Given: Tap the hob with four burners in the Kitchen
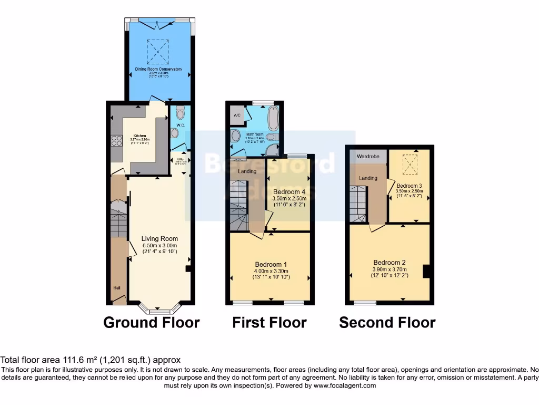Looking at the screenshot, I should tap(116, 141).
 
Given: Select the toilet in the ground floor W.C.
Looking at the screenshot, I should tap(180, 113).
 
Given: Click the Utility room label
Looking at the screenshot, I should tap(179, 159).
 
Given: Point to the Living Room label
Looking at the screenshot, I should tap(159, 238).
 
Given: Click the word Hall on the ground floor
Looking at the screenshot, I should tap(117, 288).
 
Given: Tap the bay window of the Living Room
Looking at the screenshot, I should tap(159, 305).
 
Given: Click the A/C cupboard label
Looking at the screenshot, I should tap(235, 115).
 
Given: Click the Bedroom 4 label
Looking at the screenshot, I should tap(289, 191).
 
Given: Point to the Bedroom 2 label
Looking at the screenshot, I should tap(390, 262).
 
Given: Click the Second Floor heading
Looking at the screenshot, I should tap(387, 322).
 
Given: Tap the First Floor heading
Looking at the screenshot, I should tap(269, 322).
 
